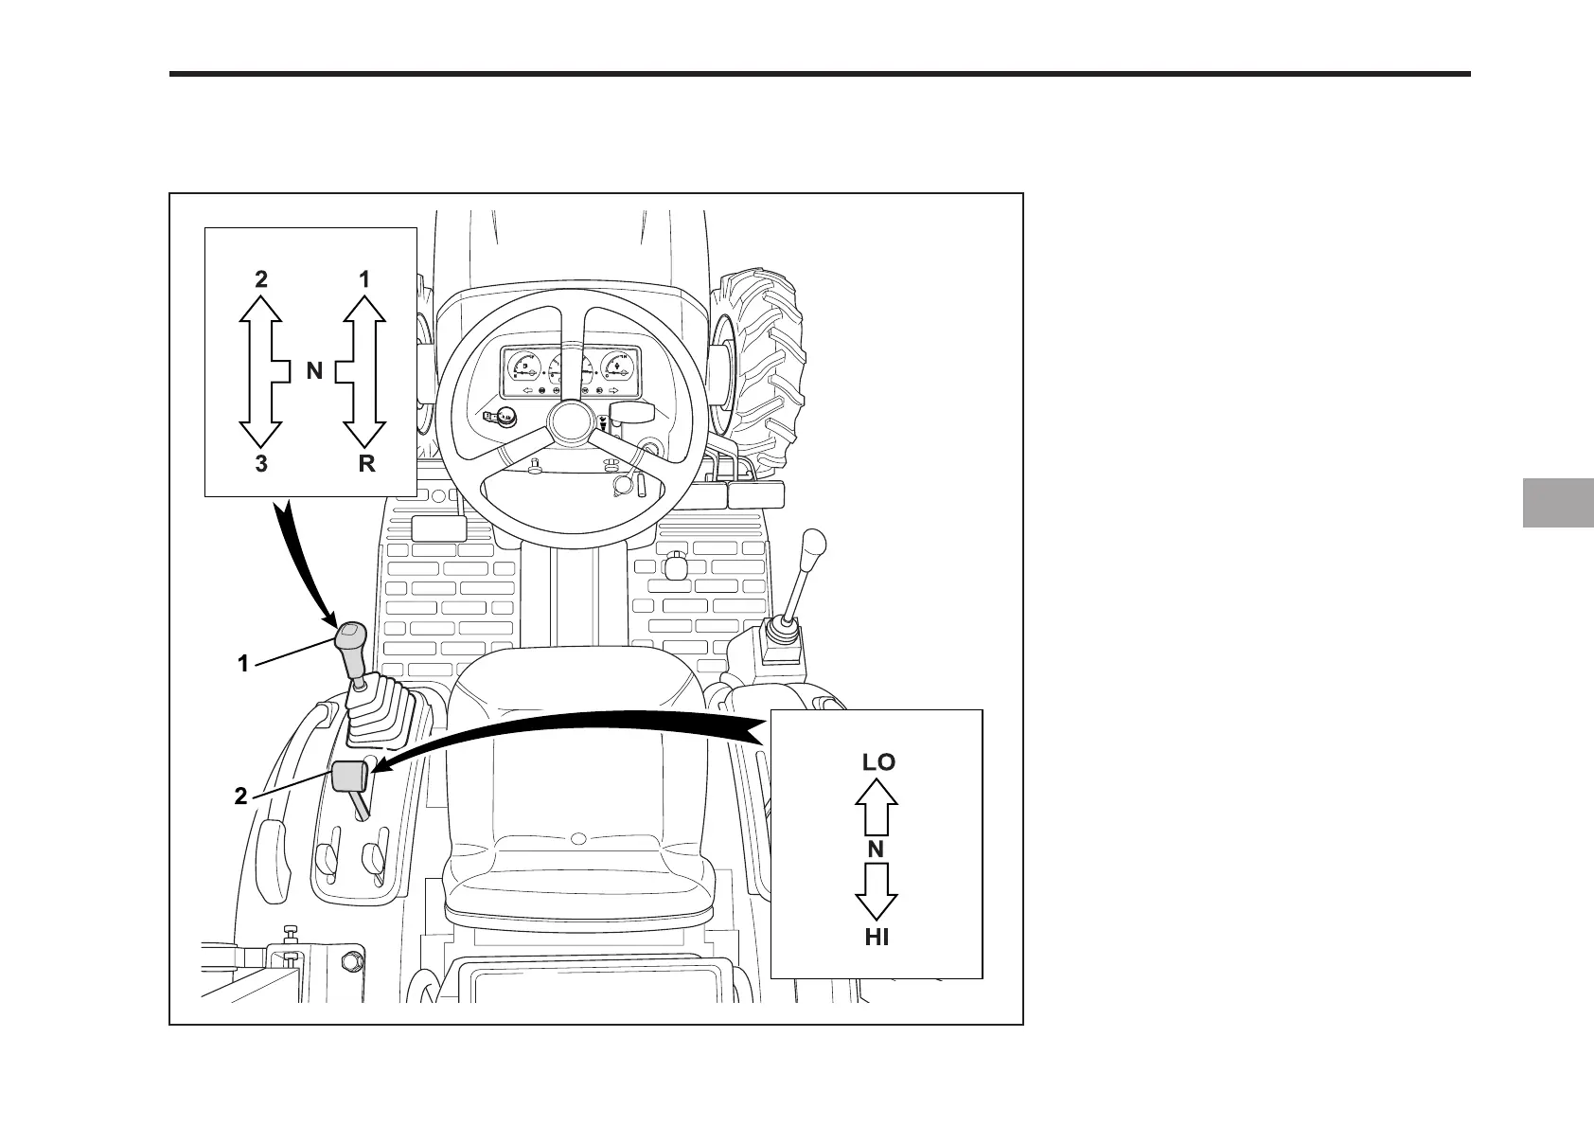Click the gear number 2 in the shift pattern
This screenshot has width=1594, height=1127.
[x=260, y=279]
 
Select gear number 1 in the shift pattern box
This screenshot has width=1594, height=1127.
[x=364, y=279]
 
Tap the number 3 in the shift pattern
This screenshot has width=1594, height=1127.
[x=260, y=464]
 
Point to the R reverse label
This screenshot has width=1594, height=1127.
[x=366, y=464]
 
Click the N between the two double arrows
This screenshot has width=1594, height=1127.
[x=314, y=372]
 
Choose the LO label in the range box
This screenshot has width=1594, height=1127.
[x=877, y=761]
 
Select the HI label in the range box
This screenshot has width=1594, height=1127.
[x=877, y=938]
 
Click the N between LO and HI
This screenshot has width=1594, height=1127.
[x=876, y=850]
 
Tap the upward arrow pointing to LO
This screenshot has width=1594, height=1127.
[x=877, y=804]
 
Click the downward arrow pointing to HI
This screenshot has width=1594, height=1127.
[x=877, y=893]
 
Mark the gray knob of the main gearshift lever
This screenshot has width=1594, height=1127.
[x=349, y=644]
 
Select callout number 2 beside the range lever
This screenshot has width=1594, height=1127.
[x=241, y=797]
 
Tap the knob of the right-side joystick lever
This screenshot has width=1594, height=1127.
[x=813, y=546]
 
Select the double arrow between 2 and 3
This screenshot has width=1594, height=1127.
[x=261, y=370]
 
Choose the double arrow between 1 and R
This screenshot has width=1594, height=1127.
[x=363, y=370]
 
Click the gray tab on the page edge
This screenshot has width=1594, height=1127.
[x=1558, y=503]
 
